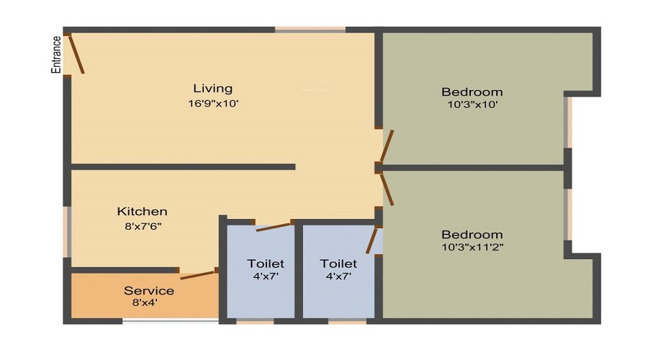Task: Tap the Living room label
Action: click(x=213, y=89)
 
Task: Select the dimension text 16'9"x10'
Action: click(x=213, y=104)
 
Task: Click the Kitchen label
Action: click(x=143, y=212)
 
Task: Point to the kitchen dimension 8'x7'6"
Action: click(x=143, y=226)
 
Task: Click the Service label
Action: click(x=149, y=291)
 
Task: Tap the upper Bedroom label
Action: click(x=472, y=92)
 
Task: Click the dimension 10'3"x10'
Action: click(x=472, y=105)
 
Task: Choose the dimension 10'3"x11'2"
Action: click(x=472, y=248)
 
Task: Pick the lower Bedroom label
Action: click(x=472, y=235)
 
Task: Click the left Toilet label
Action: click(x=266, y=264)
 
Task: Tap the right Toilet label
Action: click(x=338, y=264)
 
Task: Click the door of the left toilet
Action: click(x=273, y=226)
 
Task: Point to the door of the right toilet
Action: click(x=372, y=240)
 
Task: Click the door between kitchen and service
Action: click(x=198, y=274)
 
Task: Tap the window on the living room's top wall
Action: click(x=310, y=30)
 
